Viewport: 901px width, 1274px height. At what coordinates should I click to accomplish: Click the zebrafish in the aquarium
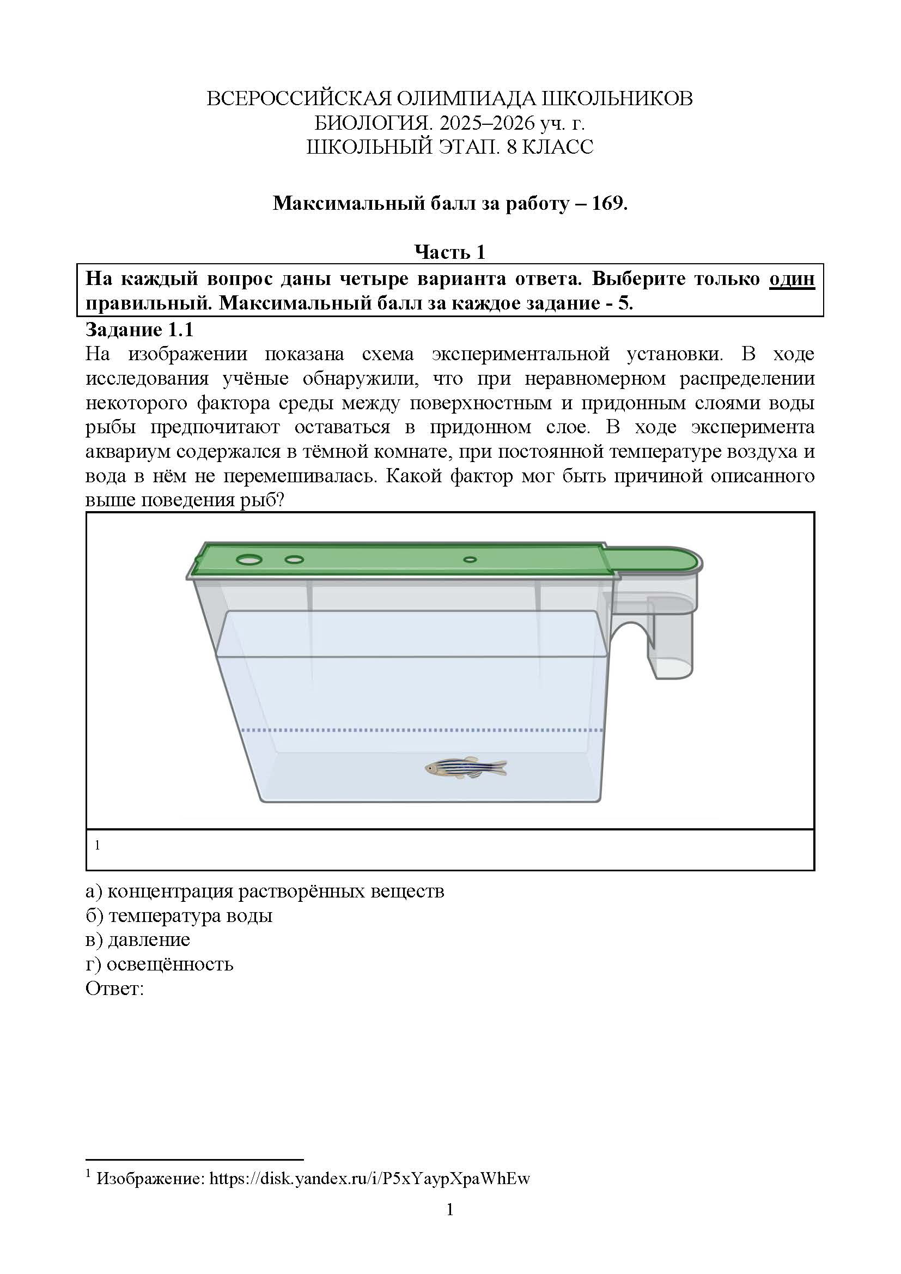pyautogui.click(x=466, y=768)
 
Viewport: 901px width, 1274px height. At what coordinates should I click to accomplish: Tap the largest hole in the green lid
pyautogui.click(x=249, y=559)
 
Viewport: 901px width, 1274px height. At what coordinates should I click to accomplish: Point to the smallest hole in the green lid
pyautogui.click(x=470, y=560)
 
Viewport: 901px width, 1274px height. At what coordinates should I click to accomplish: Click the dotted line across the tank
pyautogui.click(x=422, y=730)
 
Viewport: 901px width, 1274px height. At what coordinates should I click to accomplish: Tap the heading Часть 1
pyautogui.click(x=450, y=252)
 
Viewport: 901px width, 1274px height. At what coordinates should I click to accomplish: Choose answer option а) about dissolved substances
pyautogui.click(x=265, y=891)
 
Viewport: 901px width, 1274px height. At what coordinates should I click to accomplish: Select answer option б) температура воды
pyautogui.click(x=179, y=915)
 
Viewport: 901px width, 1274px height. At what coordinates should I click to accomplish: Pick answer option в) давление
pyautogui.click(x=138, y=939)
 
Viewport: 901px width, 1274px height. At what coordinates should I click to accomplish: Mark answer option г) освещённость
pyautogui.click(x=159, y=964)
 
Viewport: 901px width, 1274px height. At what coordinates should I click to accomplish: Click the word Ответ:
pyautogui.click(x=115, y=988)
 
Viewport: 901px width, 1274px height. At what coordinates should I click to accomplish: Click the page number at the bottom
pyautogui.click(x=450, y=1209)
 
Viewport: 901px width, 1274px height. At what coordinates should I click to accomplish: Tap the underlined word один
pyautogui.click(x=792, y=278)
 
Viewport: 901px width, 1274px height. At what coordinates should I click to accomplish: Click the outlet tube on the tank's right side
pyautogui.click(x=673, y=644)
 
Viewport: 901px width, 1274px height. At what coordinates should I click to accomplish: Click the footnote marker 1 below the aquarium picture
pyautogui.click(x=98, y=845)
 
